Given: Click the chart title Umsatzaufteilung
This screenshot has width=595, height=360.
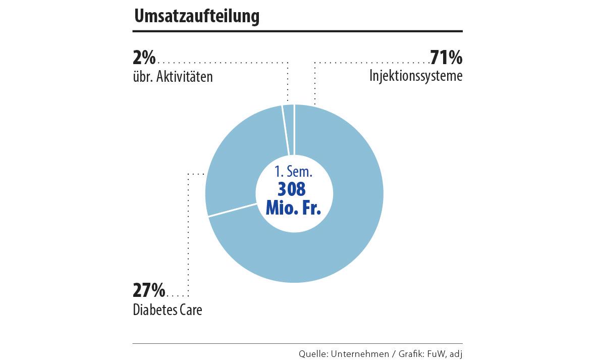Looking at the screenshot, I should pos(196,17).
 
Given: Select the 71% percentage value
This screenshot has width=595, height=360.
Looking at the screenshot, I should pos(446,58).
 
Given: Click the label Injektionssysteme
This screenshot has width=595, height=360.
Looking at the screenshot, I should pos(416,76).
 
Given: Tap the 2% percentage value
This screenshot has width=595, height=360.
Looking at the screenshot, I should pos(144,58).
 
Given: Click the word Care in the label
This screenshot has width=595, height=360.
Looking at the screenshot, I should pos(191,310).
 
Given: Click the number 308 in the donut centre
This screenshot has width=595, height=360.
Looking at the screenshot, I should pos(292,189).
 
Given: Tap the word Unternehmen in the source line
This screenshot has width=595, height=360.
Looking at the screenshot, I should pos(359,353).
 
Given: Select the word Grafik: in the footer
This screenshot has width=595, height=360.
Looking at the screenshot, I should pos(411,353).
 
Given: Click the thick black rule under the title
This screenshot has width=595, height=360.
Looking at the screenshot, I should pos(297,31).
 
